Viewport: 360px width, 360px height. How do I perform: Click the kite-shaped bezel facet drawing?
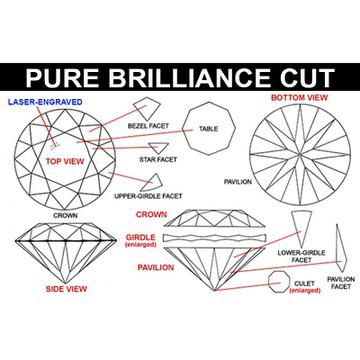pos(147,107)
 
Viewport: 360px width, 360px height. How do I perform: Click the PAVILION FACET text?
pos(340,282)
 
